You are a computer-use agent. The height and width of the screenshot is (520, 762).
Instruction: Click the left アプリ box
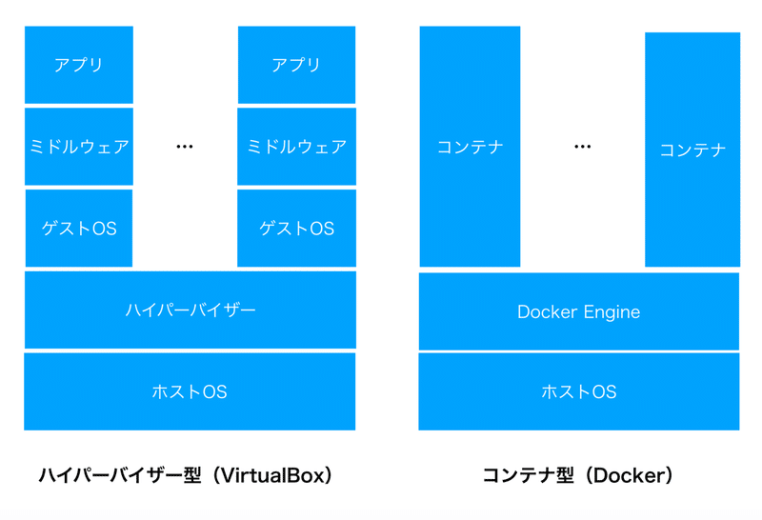[79, 65]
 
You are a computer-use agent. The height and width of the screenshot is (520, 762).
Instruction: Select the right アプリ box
[296, 65]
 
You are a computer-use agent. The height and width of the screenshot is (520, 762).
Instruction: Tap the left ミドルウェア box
[79, 147]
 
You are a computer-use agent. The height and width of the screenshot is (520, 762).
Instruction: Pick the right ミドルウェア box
[296, 147]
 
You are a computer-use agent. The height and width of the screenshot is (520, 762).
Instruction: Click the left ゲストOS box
[79, 229]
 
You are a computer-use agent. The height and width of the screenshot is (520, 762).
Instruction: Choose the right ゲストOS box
[296, 229]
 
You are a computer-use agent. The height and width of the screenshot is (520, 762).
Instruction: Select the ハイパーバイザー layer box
[190, 310]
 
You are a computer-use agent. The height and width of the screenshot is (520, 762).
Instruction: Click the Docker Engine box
[579, 311]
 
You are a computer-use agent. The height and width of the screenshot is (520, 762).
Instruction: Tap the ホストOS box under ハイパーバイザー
[190, 391]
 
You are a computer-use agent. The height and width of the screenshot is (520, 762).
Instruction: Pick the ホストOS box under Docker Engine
[579, 391]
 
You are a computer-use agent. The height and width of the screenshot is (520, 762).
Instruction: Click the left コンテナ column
[471, 147]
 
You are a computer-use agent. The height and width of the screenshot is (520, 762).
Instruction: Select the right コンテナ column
[692, 150]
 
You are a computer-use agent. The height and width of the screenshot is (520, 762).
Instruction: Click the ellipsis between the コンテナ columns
[583, 147]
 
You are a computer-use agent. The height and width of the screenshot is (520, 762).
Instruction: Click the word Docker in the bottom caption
[631, 475]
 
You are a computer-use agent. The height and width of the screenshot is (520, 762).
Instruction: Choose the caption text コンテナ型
[529, 475]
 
